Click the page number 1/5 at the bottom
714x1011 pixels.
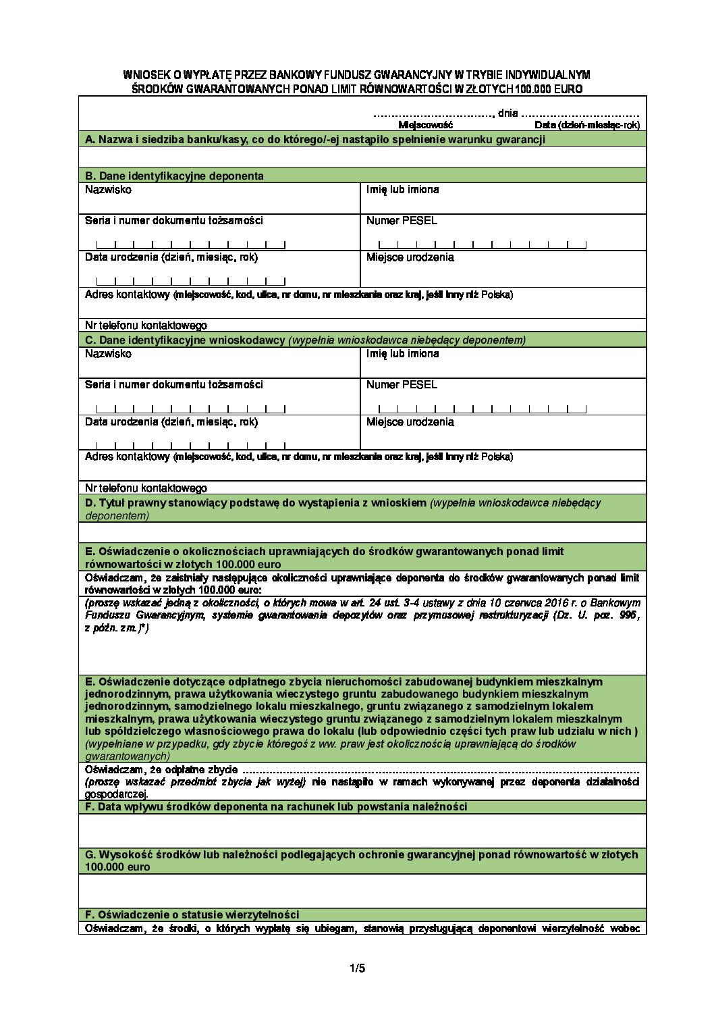[x=357, y=968]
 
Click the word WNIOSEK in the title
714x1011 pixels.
[x=146, y=75]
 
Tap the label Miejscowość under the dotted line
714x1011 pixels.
[x=425, y=125]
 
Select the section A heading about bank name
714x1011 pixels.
[x=314, y=140]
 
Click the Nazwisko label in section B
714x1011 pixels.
[x=108, y=190]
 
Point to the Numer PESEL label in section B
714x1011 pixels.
[x=402, y=221]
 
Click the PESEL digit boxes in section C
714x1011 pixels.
[x=482, y=409]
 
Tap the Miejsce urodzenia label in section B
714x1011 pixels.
[x=410, y=257]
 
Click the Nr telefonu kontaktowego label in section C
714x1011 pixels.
[x=146, y=488]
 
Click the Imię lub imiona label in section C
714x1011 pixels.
[x=402, y=354]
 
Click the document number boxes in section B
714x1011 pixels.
[x=191, y=244]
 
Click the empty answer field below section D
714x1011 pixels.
[x=362, y=532]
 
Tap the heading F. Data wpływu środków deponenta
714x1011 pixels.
[x=275, y=807]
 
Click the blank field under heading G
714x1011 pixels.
[x=362, y=890]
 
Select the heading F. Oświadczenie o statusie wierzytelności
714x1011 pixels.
[x=192, y=915]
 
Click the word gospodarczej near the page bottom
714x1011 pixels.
[x=116, y=794]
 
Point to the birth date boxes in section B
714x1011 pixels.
[x=191, y=281]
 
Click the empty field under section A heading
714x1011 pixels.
[x=362, y=157]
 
